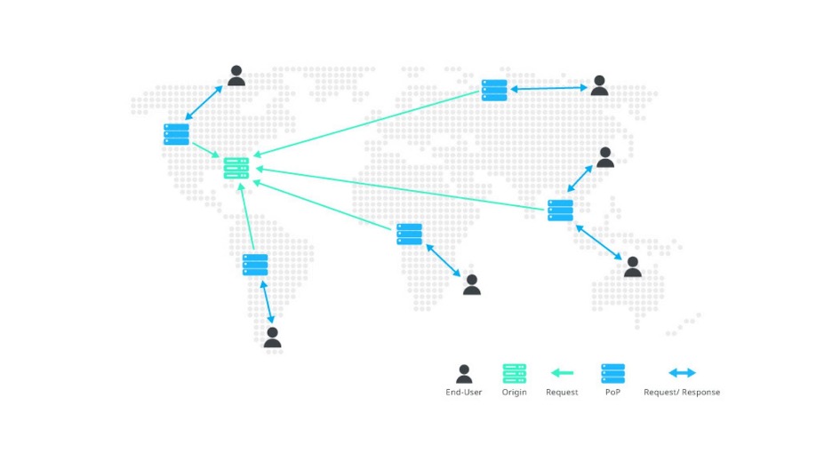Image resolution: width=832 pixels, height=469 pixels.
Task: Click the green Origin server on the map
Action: (236, 168)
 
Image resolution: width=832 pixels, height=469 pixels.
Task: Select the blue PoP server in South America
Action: (255, 265)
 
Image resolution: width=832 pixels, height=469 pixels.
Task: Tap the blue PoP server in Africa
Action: (409, 234)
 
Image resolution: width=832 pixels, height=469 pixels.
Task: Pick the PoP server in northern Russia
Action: (494, 90)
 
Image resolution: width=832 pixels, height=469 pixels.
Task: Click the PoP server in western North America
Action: (177, 135)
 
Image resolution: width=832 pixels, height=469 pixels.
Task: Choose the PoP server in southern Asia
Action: (560, 211)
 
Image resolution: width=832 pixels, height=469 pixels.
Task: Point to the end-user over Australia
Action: (633, 266)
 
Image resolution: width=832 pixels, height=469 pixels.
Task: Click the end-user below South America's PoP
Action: (272, 337)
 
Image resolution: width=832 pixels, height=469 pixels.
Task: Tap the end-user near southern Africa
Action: (472, 284)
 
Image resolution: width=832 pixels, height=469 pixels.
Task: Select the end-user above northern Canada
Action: (236, 76)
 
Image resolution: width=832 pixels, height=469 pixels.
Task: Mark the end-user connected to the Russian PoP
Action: (600, 85)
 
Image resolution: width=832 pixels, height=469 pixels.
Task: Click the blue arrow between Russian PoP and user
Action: (548, 89)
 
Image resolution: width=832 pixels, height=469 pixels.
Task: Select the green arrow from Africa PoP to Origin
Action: (322, 205)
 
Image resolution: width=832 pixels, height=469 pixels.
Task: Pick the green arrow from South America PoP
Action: (247, 216)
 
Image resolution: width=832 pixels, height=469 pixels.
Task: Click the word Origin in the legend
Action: (514, 392)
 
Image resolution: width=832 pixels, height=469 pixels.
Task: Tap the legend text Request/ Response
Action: (682, 392)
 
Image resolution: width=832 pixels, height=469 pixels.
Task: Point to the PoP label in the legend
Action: (612, 392)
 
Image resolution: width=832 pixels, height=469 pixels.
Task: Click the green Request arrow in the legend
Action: (562, 373)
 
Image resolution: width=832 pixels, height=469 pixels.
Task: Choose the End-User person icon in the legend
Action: (464, 374)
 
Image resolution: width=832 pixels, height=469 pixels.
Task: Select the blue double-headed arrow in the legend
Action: (682, 373)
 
